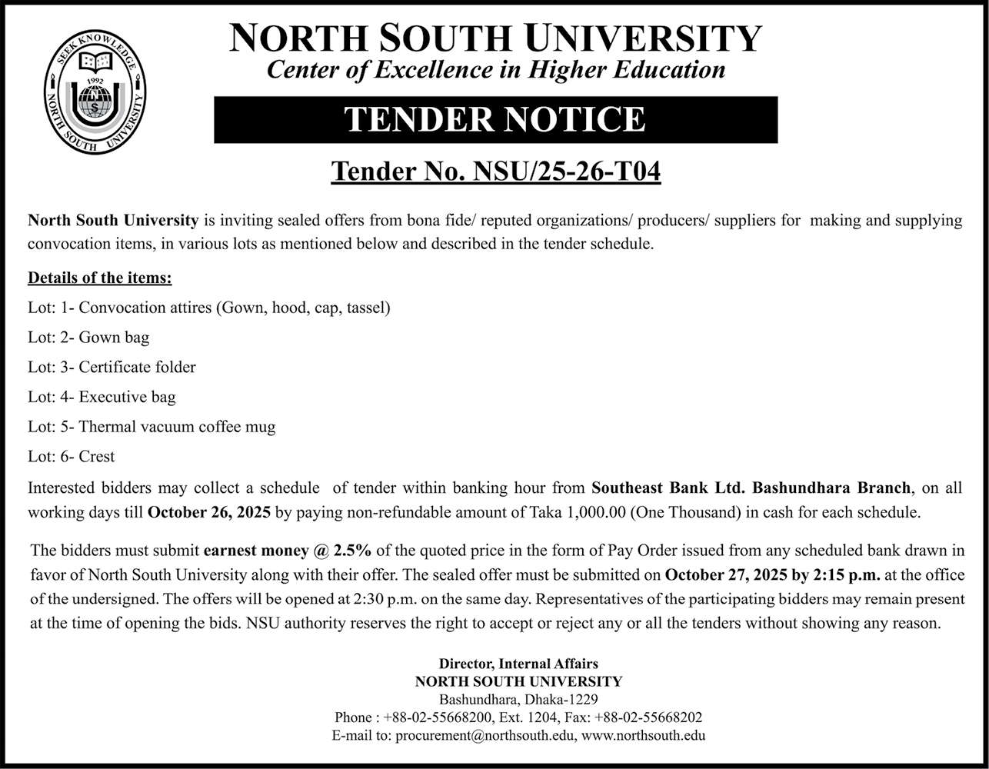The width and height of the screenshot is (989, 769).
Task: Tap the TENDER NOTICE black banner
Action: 495,119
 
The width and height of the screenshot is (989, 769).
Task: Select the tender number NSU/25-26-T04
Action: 495,171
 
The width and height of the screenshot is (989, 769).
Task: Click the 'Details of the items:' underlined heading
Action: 100,278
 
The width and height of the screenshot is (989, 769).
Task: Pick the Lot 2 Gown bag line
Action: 88,337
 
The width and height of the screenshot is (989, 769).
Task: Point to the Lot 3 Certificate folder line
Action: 112,367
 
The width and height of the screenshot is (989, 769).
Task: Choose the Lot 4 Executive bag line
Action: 102,397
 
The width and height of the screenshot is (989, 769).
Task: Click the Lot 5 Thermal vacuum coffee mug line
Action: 152,426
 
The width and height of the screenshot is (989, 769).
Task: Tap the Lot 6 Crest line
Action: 71,456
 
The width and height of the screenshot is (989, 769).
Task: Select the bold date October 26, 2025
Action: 208,511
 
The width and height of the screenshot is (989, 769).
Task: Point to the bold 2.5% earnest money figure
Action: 353,551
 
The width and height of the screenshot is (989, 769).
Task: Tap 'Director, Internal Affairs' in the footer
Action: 518,663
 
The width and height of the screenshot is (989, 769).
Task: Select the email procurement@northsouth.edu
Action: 485,735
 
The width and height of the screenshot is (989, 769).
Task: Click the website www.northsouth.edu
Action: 644,735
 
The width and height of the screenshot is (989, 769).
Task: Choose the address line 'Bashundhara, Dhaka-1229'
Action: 518,699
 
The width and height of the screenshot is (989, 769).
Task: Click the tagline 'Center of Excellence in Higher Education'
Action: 495,70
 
